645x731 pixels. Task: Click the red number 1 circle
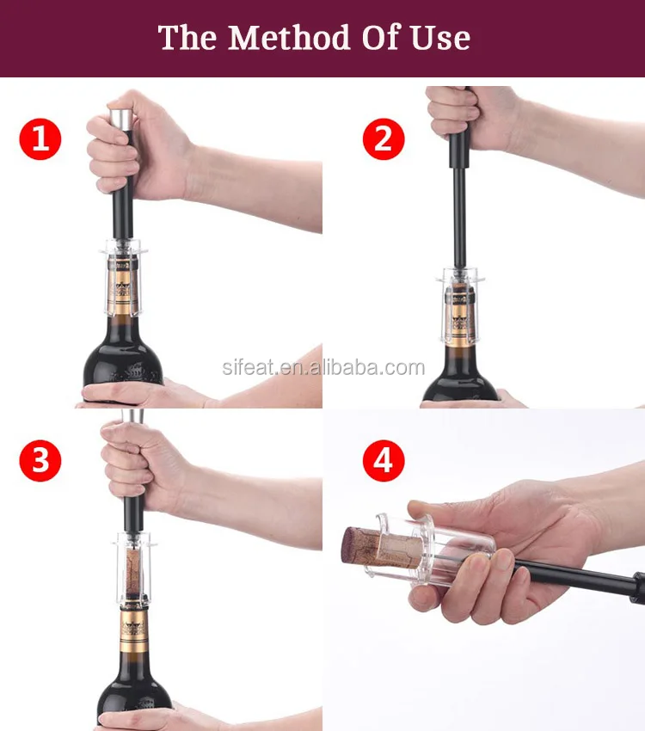40,139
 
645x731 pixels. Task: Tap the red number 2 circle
384,139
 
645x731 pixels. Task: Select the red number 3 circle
40,461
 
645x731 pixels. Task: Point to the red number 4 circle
384,461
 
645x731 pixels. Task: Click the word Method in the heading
289,37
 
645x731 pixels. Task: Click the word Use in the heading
440,37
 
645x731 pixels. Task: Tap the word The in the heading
187,37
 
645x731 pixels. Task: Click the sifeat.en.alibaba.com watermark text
323,367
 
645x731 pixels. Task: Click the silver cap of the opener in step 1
121,120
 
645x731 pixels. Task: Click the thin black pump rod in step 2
459,218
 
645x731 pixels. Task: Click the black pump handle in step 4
581,579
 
